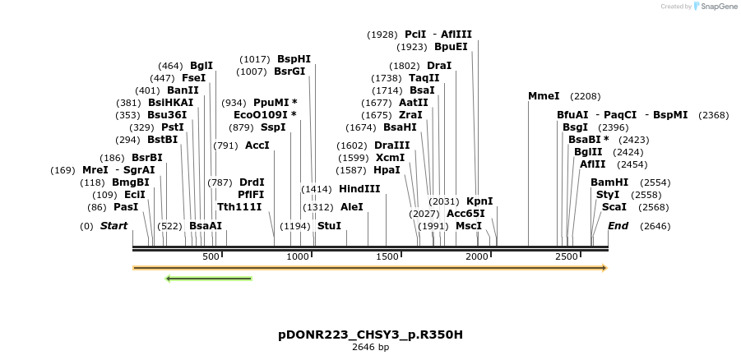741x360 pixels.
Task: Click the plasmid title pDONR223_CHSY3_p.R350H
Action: [x=370, y=335]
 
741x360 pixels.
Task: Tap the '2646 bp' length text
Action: [x=370, y=348]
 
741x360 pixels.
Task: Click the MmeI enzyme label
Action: [x=544, y=96]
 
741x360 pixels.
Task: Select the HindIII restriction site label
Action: [x=359, y=188]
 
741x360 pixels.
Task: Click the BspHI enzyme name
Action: [x=294, y=59]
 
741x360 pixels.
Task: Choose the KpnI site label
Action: [x=479, y=201]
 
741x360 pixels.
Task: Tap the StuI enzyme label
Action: [x=329, y=225]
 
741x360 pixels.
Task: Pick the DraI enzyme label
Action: [x=439, y=66]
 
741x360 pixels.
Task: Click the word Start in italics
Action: [x=113, y=225]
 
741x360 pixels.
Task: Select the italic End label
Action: [x=618, y=225]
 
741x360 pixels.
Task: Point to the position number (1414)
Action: [x=317, y=188]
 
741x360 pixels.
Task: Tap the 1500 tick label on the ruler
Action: [x=387, y=257]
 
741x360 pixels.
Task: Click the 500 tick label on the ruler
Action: [x=211, y=257]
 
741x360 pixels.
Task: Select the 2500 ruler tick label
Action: [x=566, y=257]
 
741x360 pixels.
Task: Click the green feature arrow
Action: [x=209, y=279]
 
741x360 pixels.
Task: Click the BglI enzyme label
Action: [x=201, y=66]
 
